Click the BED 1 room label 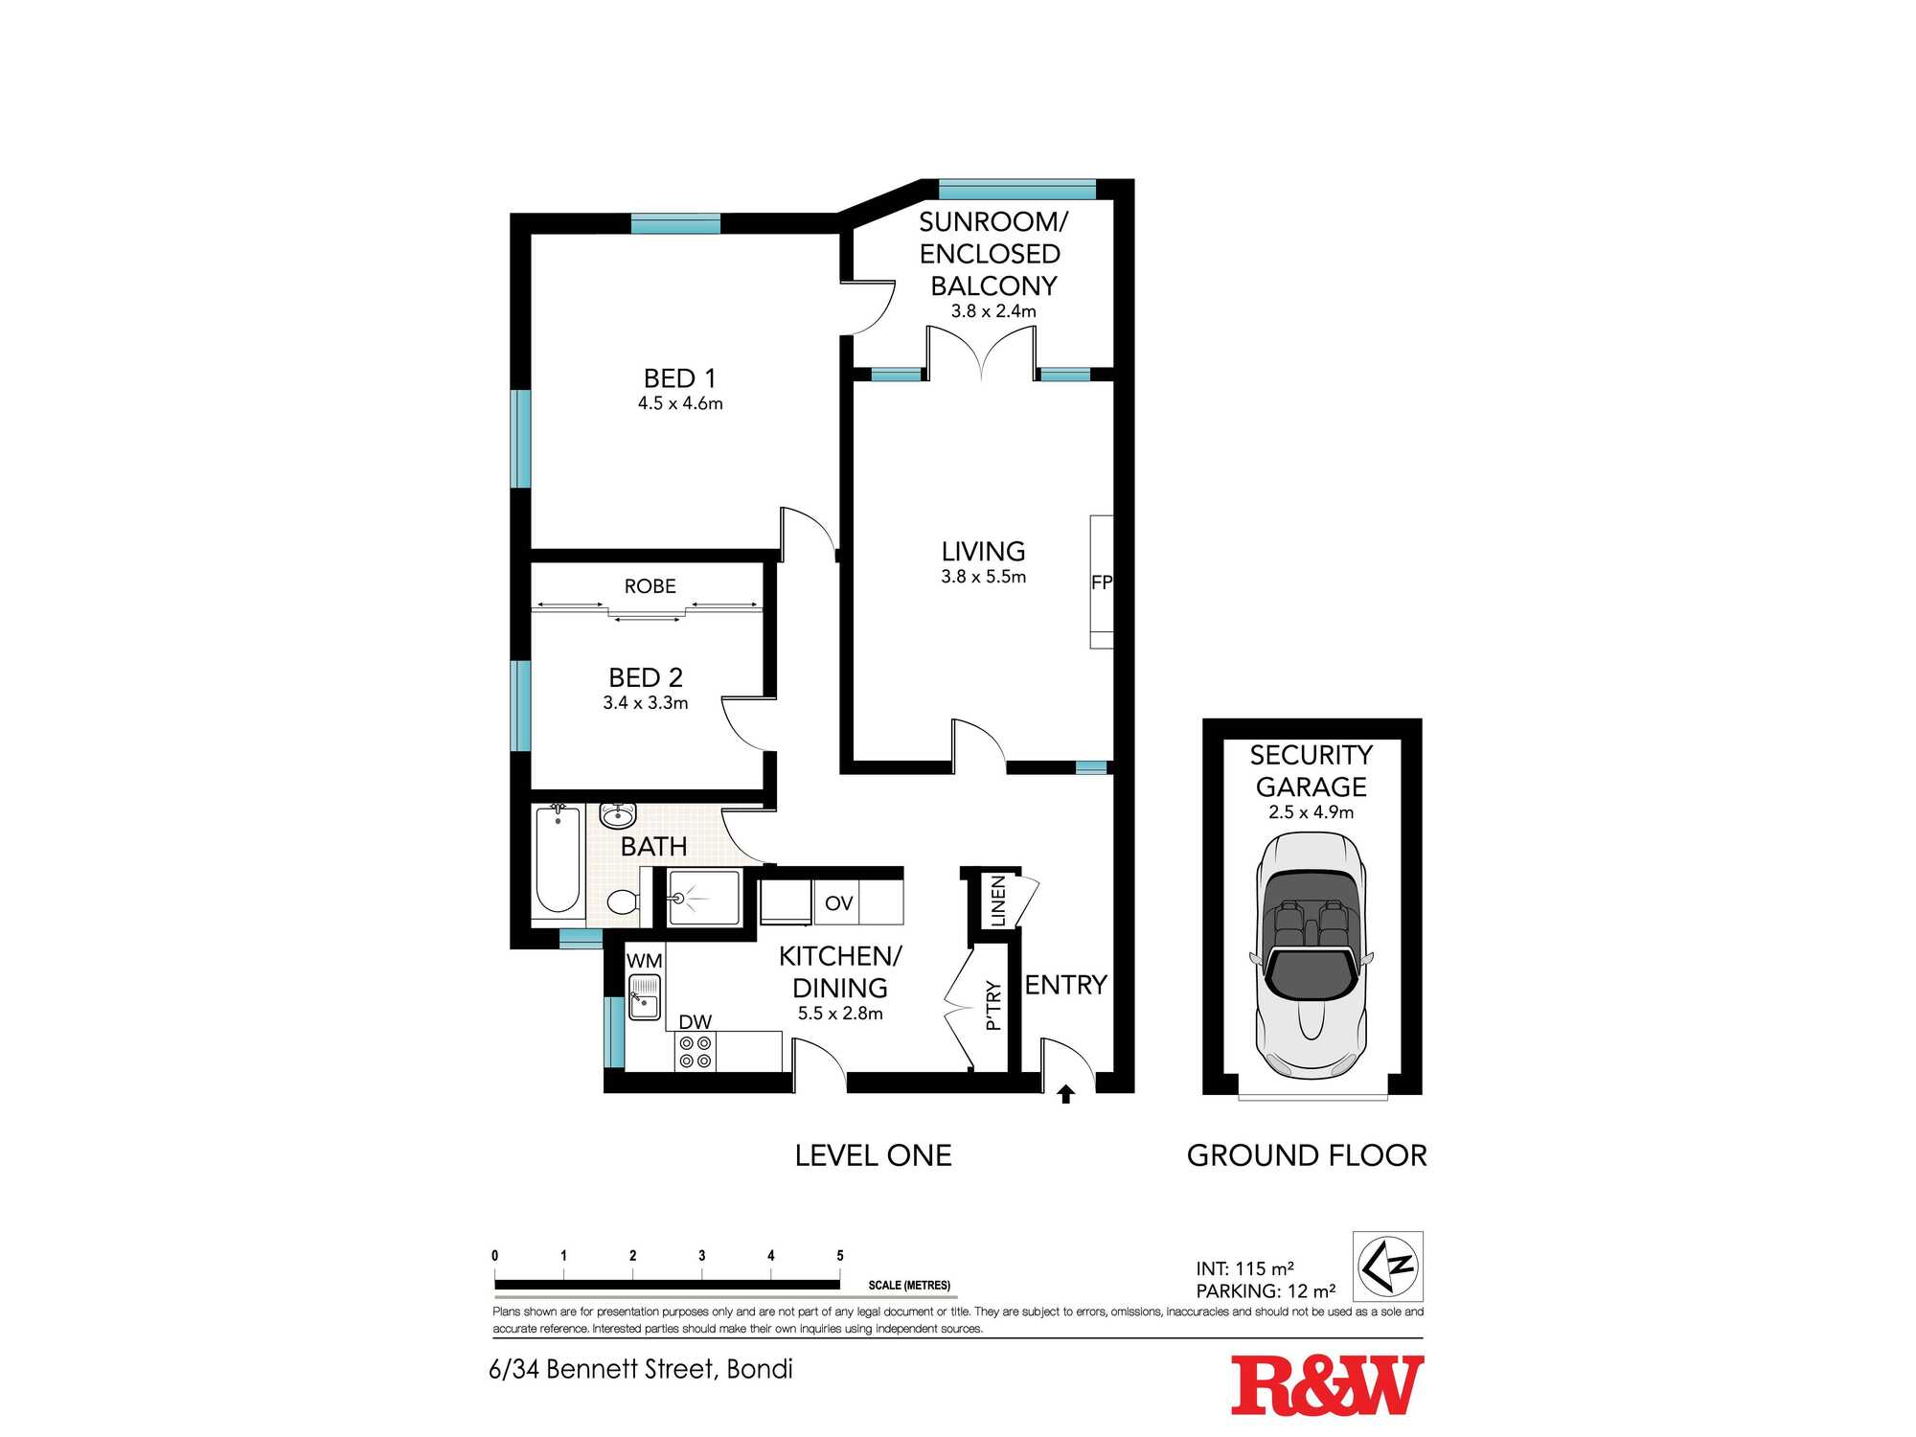679,378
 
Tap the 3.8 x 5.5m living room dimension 983,577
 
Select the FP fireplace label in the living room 1102,582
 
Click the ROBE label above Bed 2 650,586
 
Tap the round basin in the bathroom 618,815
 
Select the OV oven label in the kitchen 838,903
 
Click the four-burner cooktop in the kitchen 696,1052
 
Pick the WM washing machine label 644,960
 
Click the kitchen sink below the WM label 645,996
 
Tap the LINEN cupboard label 997,901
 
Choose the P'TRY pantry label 992,1005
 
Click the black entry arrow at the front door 1065,1093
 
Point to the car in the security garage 1312,954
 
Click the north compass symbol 1388,1266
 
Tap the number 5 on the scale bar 840,1255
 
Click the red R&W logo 1327,1385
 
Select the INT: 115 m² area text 1245,1268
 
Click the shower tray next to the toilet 704,898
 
